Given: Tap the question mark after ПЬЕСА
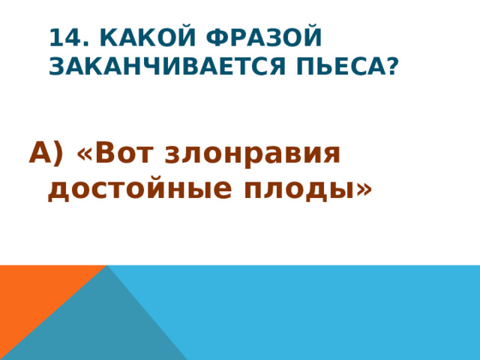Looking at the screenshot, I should click(x=390, y=67).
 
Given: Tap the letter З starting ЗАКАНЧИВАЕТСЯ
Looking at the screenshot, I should click(x=57, y=67).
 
